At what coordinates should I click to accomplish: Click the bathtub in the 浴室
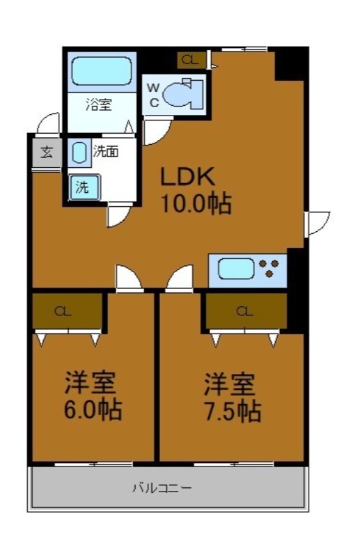click(102, 72)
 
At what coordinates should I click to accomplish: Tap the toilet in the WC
click(182, 93)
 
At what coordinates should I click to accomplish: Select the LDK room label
click(187, 176)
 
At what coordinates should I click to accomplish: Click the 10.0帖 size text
click(196, 203)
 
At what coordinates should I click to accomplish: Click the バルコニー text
click(162, 488)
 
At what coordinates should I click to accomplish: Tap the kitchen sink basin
click(236, 269)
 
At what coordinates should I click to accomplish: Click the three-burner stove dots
click(269, 268)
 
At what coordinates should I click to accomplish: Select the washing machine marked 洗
click(84, 187)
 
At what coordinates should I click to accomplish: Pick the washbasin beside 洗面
click(79, 152)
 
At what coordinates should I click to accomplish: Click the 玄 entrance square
click(47, 152)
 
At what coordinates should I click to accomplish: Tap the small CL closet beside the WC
click(191, 61)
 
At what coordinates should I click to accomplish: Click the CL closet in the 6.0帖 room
click(67, 311)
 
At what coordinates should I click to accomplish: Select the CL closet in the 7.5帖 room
click(246, 311)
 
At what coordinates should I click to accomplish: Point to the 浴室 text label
click(99, 105)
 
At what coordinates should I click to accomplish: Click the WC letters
click(153, 95)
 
